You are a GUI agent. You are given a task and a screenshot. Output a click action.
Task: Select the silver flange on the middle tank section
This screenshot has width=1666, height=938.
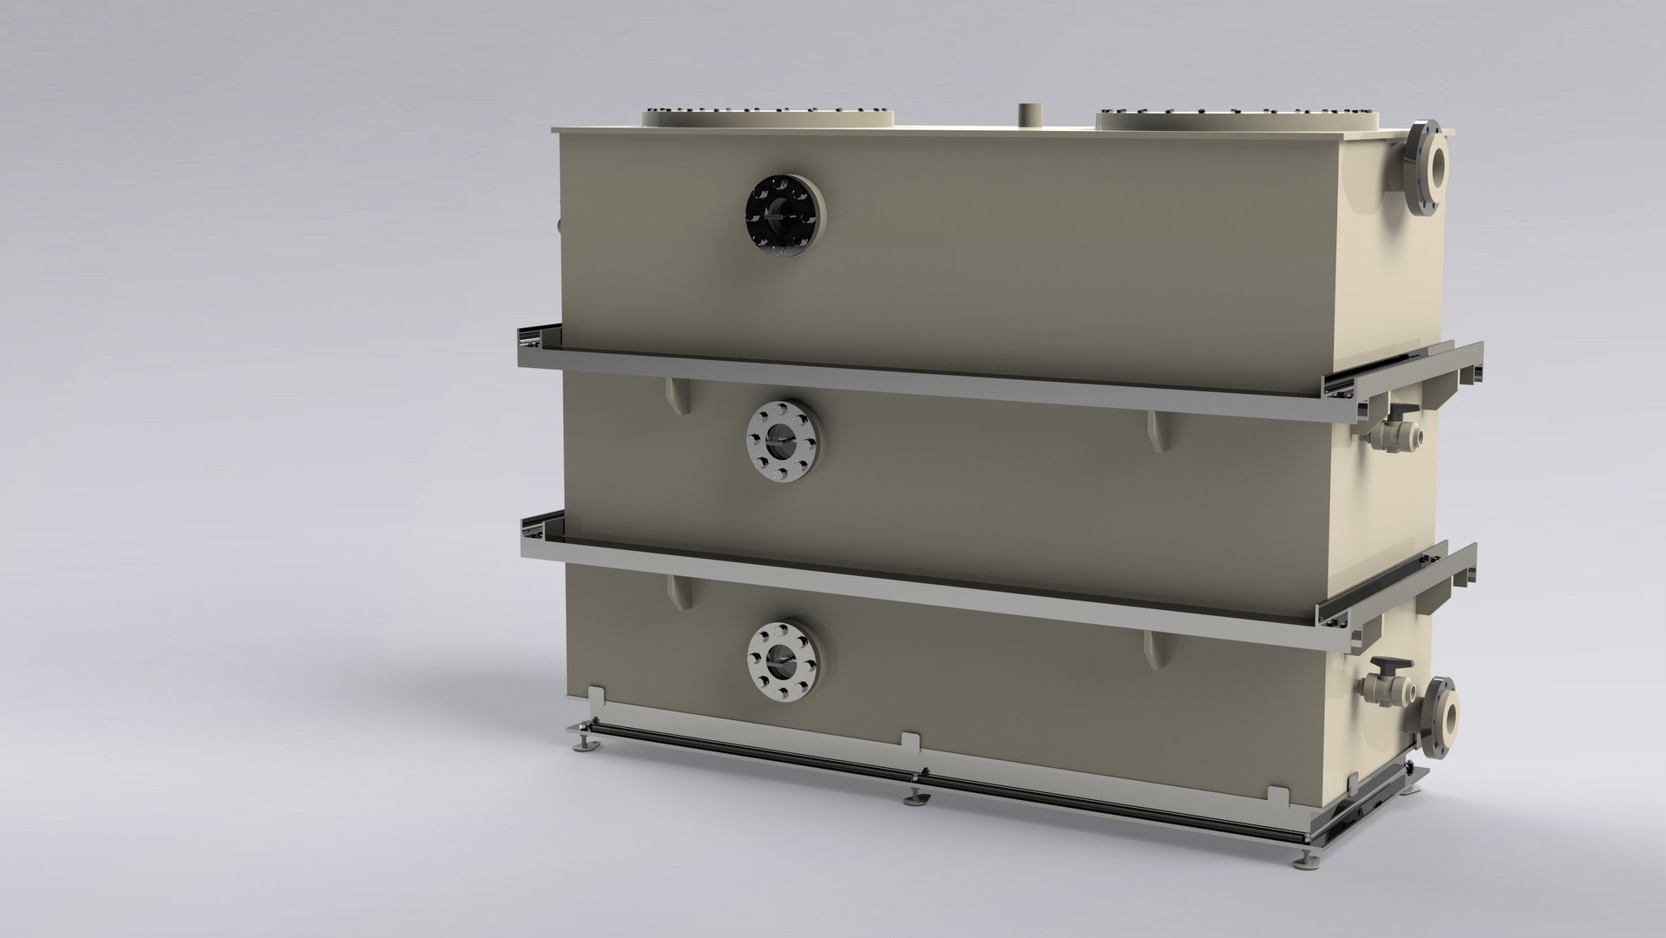783,442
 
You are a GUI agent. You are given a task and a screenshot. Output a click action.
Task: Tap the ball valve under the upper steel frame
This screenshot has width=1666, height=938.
1394,427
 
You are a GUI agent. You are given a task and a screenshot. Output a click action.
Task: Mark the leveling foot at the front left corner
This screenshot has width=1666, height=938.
578,744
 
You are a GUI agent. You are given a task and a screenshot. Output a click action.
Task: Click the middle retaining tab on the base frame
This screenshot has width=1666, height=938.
910,744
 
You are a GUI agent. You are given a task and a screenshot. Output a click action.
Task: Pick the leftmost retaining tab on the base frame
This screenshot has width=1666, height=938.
596,697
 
